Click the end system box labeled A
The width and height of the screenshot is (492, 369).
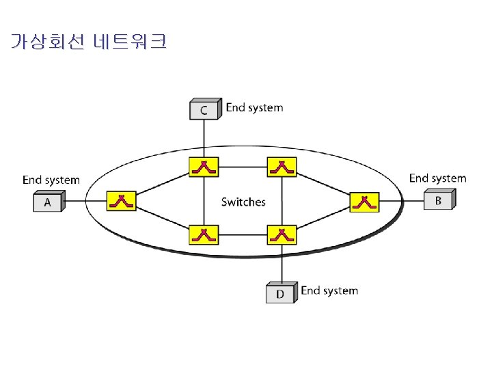point(48,202)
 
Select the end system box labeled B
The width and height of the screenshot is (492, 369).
point(437,200)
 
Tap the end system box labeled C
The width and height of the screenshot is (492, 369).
point(204,109)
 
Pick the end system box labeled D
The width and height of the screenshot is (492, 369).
point(280,293)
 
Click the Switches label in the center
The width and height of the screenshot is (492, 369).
point(243,202)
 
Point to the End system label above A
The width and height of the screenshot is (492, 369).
point(51,180)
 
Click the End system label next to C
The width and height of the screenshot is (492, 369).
point(254,107)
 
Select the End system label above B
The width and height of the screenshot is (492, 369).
point(437,178)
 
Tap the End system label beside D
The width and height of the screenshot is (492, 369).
point(329,291)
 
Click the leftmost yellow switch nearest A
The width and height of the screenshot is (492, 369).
point(121,201)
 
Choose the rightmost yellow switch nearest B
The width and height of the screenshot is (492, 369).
point(364,202)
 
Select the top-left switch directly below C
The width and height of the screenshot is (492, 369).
point(204,167)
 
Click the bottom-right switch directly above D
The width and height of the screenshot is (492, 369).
point(280,235)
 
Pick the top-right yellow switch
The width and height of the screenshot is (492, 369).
point(280,167)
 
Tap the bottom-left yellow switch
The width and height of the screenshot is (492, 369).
point(204,235)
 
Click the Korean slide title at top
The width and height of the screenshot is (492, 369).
point(89,42)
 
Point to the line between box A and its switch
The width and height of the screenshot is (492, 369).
point(85,202)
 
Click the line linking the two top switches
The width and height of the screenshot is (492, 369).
point(242,167)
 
